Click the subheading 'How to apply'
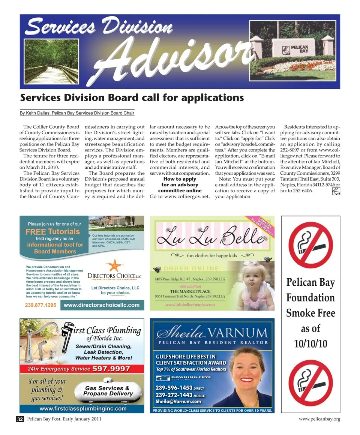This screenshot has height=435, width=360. [x=180, y=179]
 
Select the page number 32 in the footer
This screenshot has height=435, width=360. [x=20, y=419]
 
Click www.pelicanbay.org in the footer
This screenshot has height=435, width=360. [x=319, y=419]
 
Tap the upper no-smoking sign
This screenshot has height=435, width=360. [x=310, y=246]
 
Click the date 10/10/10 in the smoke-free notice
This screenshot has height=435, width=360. [x=310, y=344]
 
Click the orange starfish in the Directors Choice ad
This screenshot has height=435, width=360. [x=114, y=265]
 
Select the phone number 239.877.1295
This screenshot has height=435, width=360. [x=40, y=305]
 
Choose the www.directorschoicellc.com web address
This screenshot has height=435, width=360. [x=102, y=305]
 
